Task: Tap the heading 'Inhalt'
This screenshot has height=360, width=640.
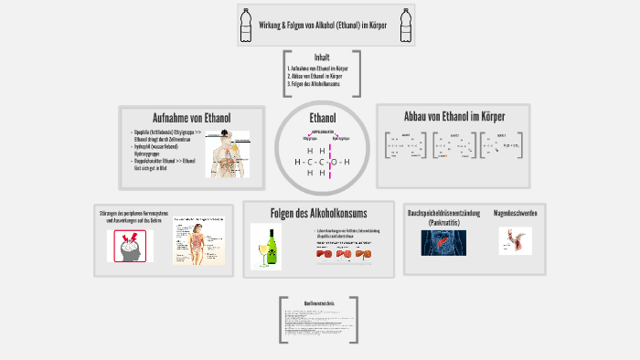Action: [322, 57]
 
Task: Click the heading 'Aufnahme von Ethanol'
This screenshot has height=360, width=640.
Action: [191, 118]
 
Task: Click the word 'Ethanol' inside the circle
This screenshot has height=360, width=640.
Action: [323, 118]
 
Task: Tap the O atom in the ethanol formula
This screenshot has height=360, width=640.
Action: [334, 163]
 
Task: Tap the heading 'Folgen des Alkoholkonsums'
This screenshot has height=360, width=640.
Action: [320, 214]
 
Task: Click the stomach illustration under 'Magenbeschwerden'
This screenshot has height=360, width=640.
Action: [516, 241]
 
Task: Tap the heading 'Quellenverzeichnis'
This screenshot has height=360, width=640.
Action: [319, 302]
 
